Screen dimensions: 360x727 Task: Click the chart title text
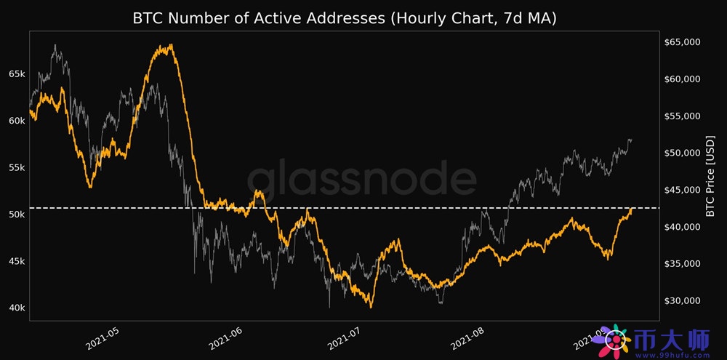(344, 19)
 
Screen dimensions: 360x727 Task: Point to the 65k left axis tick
(17, 74)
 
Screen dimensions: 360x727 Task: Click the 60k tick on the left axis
(17, 121)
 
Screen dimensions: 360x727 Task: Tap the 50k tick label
(17, 215)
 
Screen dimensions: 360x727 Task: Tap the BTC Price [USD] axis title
(711, 175)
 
